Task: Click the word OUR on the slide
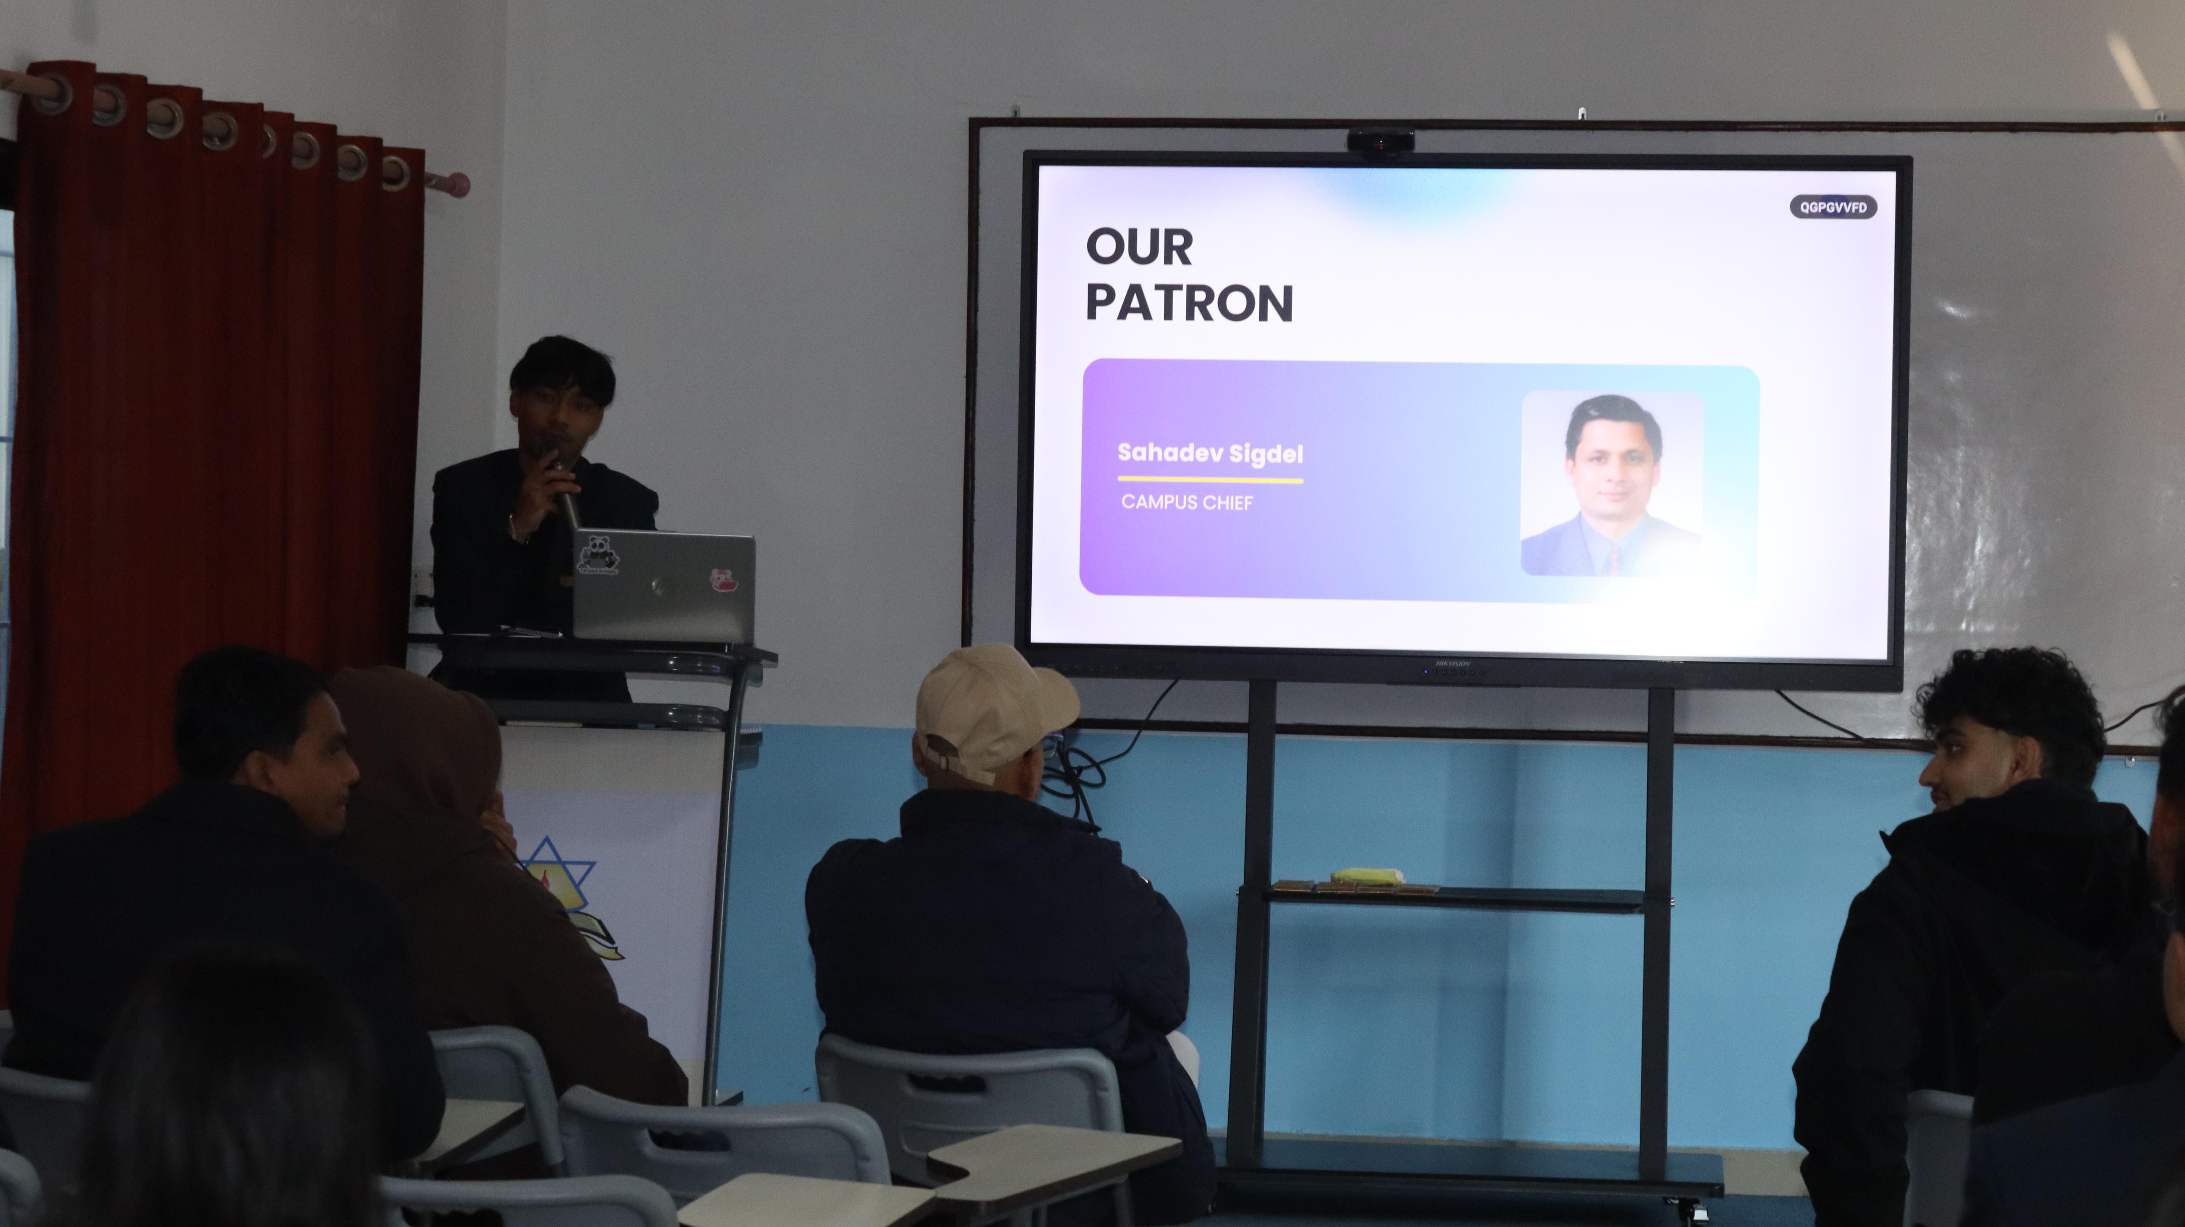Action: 1139,247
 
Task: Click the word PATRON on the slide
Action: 1189,303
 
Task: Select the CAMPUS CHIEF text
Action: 1187,502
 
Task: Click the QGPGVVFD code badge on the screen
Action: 1833,207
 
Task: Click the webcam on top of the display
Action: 1380,140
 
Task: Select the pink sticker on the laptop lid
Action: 722,580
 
